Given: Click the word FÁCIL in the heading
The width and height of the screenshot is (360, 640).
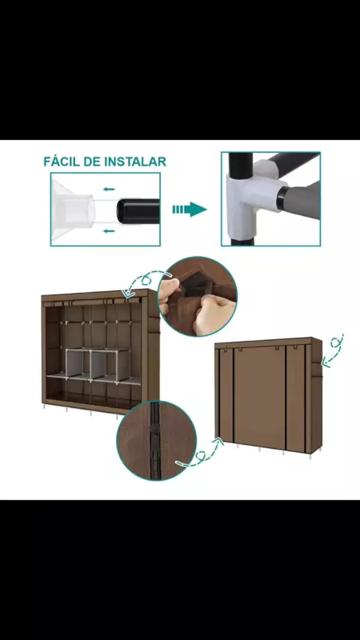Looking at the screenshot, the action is [x=61, y=161].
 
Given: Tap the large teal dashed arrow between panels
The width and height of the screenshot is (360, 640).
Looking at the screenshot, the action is [x=189, y=209].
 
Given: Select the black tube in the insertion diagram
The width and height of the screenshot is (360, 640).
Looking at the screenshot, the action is [x=138, y=211].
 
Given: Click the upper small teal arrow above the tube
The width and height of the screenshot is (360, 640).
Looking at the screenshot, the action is [x=109, y=189].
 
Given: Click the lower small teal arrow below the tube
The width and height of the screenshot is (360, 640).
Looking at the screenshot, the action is [x=109, y=231].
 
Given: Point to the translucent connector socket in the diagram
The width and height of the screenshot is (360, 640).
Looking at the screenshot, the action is [x=73, y=210].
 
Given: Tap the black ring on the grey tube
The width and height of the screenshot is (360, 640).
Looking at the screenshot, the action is [x=283, y=197].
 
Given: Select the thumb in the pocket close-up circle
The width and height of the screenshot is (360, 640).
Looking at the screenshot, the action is [x=169, y=290].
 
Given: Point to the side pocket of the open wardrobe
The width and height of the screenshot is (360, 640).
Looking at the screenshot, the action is [x=153, y=324].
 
